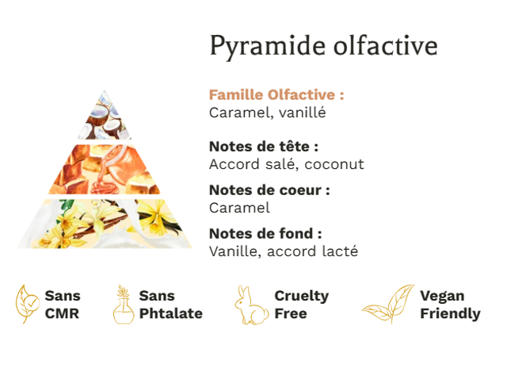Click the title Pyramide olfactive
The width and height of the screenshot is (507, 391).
(323, 47)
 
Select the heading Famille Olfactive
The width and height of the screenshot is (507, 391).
(276, 95)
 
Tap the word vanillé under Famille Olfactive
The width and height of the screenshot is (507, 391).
(303, 113)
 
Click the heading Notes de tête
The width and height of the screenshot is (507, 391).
(264, 147)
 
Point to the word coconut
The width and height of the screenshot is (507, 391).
(334, 164)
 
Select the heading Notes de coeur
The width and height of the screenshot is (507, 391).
(269, 190)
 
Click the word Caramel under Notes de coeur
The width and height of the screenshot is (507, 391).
(239, 208)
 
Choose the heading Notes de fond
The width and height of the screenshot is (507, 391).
(265, 233)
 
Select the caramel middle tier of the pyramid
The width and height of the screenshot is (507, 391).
(105, 169)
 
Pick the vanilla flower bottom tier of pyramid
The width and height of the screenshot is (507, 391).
(104, 224)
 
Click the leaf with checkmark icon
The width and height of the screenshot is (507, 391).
(27, 304)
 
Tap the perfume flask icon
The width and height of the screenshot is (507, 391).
(124, 305)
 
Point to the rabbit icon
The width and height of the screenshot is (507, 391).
(251, 305)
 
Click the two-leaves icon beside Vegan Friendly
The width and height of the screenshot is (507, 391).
(388, 304)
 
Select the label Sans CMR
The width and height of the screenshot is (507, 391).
(63, 305)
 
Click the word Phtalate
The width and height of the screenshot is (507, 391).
(171, 313)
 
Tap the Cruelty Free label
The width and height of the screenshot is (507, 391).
(301, 305)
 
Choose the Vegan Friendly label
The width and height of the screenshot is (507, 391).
(450, 305)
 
